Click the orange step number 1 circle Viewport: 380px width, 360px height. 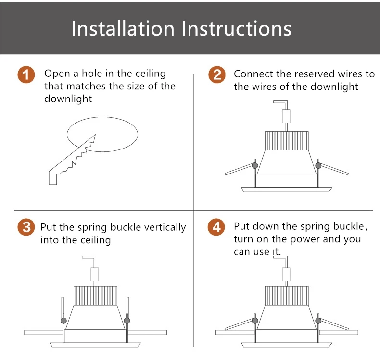pyautogui.click(x=26, y=74)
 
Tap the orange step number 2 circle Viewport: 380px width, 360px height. pyautogui.click(x=217, y=74)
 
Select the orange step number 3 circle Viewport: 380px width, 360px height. pyautogui.click(x=26, y=227)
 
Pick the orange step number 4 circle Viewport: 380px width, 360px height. pyautogui.click(x=216, y=227)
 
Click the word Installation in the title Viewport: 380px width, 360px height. pyautogui.click(x=123, y=28)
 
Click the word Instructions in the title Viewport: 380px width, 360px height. pyautogui.click(x=236, y=28)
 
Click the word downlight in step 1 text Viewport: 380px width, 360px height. pyautogui.click(x=68, y=99)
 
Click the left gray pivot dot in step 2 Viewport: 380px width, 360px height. pyautogui.click(x=255, y=166)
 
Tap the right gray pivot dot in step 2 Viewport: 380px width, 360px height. pyautogui.click(x=318, y=166)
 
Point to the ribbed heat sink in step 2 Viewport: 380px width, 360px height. pyautogui.click(x=287, y=141)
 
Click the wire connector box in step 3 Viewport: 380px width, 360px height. pyautogui.click(x=95, y=274)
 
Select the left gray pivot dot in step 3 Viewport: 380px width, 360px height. pyautogui.click(x=63, y=321)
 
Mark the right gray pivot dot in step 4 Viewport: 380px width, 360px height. pyautogui.click(x=318, y=321)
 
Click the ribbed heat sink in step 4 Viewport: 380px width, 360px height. pyautogui.click(x=287, y=296)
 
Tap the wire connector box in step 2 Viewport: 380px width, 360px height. pyautogui.click(x=286, y=116)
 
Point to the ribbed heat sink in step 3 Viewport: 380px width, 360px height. pyautogui.click(x=95, y=296)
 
